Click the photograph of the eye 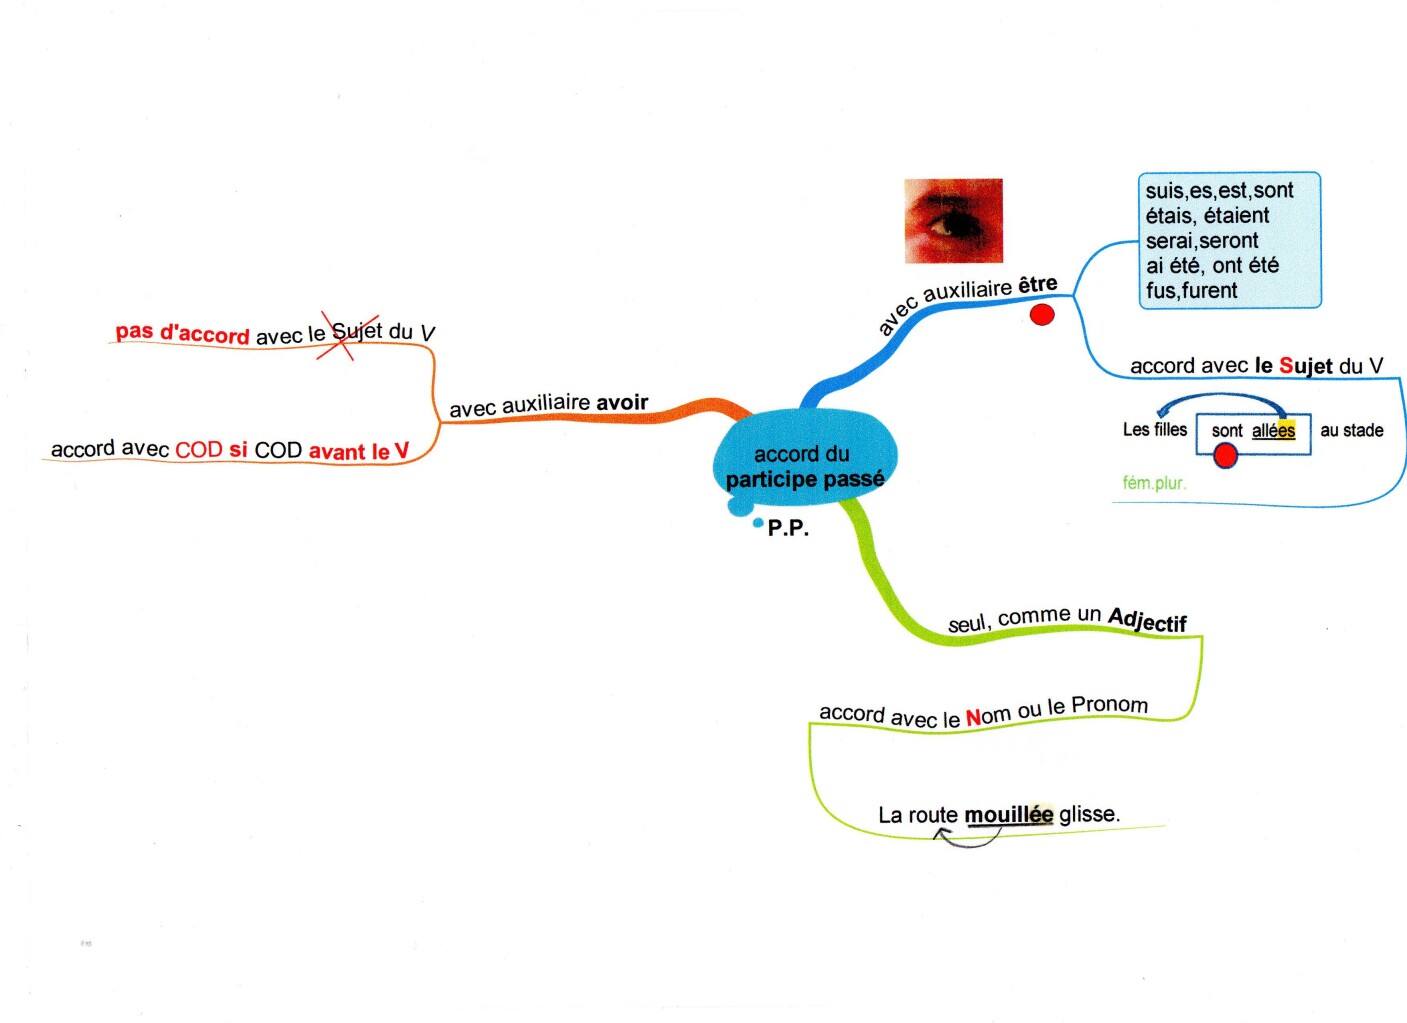(953, 221)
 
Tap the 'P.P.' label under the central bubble (788, 528)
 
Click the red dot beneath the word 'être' (1042, 315)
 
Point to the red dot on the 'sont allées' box (1225, 456)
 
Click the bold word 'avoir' (622, 402)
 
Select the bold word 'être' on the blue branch (1037, 285)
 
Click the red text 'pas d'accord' (182, 332)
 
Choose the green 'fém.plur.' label (1153, 483)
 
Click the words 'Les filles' (1154, 429)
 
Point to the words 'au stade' (1351, 430)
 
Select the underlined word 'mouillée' (1008, 815)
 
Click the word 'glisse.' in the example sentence (1089, 814)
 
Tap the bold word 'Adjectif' (1147, 621)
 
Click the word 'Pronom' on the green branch (1109, 705)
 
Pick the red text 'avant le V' (359, 451)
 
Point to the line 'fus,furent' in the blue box (1191, 290)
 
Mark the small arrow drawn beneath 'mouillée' (967, 838)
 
